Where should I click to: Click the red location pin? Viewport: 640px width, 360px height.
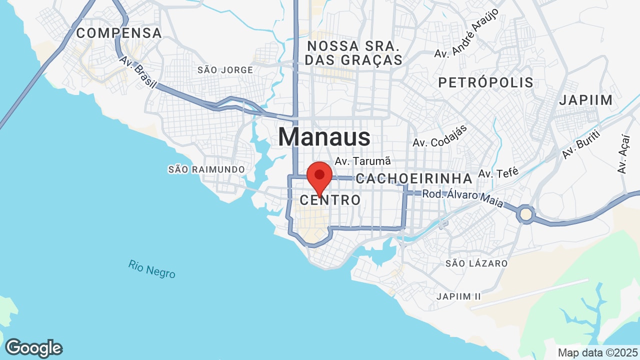pyautogui.click(x=319, y=176)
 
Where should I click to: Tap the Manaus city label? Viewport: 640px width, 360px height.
pyautogui.click(x=324, y=137)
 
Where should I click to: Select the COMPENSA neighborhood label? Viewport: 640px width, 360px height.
pyautogui.click(x=119, y=33)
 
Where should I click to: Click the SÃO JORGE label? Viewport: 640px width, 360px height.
pyautogui.click(x=225, y=70)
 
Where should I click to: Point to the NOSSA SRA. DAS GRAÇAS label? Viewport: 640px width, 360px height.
pyautogui.click(x=354, y=53)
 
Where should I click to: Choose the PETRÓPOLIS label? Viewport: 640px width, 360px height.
pyautogui.click(x=485, y=82)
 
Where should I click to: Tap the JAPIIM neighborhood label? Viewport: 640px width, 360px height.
pyautogui.click(x=585, y=100)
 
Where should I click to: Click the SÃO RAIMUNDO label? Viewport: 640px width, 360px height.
pyautogui.click(x=206, y=169)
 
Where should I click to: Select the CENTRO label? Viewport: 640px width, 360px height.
pyautogui.click(x=330, y=200)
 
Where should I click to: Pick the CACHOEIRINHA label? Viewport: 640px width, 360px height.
pyautogui.click(x=414, y=178)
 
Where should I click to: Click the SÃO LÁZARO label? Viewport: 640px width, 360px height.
pyautogui.click(x=476, y=263)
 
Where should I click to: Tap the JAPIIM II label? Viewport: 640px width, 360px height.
pyautogui.click(x=458, y=296)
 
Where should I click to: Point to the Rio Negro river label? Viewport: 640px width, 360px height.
pyautogui.click(x=151, y=268)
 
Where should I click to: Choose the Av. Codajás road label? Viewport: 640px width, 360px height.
pyautogui.click(x=440, y=136)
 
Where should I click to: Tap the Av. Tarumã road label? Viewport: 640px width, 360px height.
pyautogui.click(x=362, y=161)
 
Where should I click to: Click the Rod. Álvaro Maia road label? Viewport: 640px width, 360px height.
pyautogui.click(x=462, y=195)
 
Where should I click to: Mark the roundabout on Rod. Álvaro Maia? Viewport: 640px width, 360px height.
pyautogui.click(x=526, y=214)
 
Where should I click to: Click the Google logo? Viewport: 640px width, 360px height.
pyautogui.click(x=33, y=348)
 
